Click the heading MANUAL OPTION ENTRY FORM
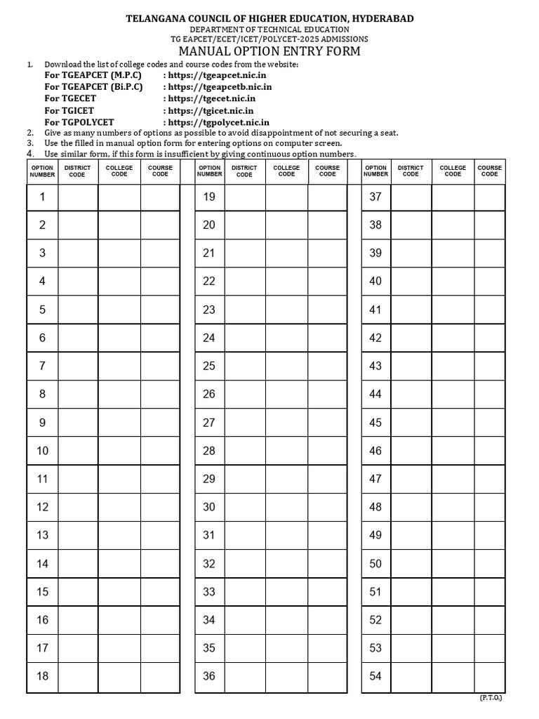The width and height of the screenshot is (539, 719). coord(269,51)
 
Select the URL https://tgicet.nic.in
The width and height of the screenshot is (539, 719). coord(208,110)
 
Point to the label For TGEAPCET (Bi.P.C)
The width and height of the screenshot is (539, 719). coord(93,86)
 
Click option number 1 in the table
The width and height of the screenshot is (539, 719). coord(42,197)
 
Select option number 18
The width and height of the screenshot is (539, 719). coord(42,676)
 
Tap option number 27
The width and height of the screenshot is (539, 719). coord(209,423)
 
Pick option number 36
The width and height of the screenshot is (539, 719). coord(209,676)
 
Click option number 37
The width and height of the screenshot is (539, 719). coord(375,197)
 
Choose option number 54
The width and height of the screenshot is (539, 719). coord(375,676)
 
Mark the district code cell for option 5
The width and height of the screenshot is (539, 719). coord(78,310)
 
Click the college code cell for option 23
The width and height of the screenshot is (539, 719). coord(286,310)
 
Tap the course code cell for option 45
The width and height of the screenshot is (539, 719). coord(489,423)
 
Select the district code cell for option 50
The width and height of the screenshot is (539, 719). coord(411,563)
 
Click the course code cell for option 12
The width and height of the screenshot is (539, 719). coord(160,507)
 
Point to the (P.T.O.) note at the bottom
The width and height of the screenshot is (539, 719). coord(491,698)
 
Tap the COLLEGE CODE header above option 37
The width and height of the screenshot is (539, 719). coord(453,171)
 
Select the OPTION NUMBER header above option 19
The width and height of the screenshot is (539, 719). coord(209,171)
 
